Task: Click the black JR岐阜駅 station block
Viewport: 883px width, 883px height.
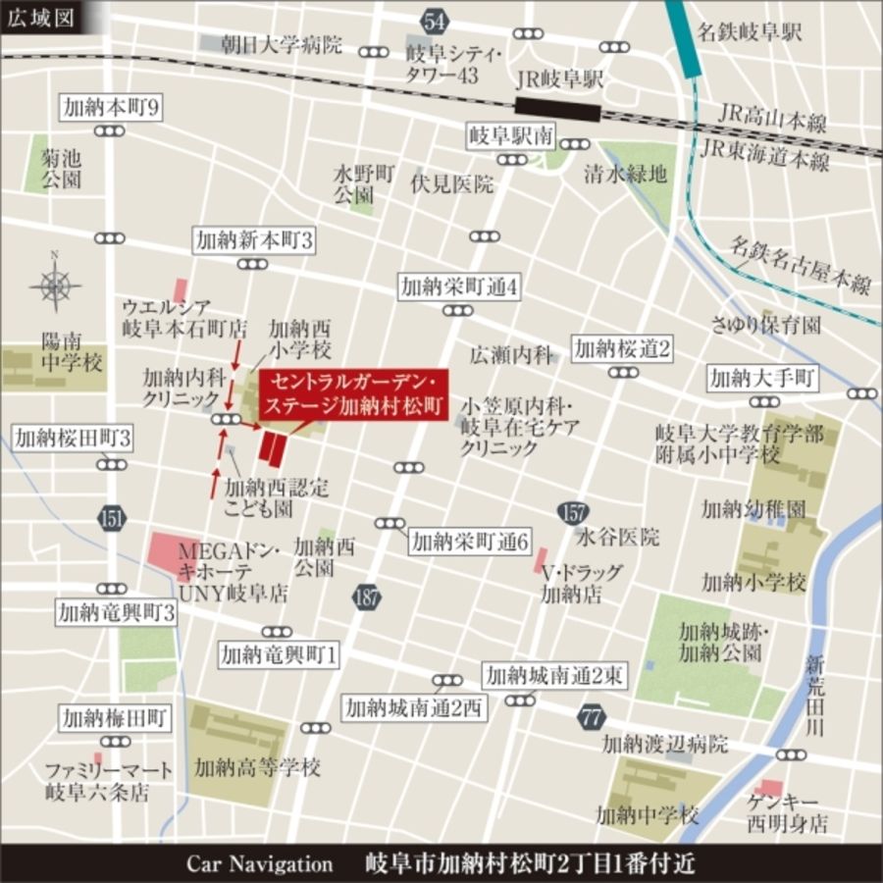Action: tap(558, 108)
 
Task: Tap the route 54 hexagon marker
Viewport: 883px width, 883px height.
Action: tap(435, 19)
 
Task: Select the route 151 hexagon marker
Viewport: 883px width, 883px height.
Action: tap(111, 518)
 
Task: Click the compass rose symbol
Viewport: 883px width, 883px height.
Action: tap(55, 286)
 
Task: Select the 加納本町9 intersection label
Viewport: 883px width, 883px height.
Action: tap(110, 107)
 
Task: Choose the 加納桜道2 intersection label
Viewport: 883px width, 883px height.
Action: tap(623, 348)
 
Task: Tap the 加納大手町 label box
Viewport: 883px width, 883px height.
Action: tap(762, 377)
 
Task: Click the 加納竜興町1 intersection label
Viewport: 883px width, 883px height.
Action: tap(279, 653)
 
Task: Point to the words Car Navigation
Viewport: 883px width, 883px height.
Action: tap(260, 863)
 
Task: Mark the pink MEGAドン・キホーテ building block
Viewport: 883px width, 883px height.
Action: tap(166, 555)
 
